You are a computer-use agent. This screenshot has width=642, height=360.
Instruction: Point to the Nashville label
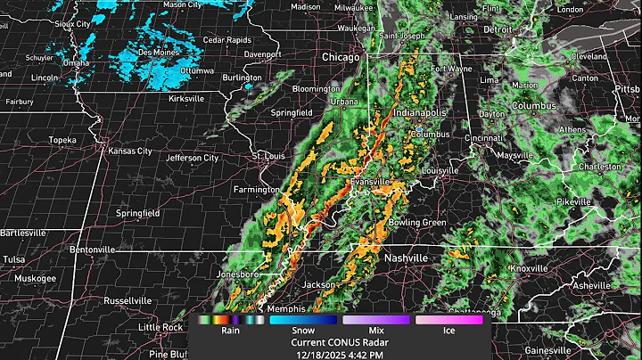[406, 258]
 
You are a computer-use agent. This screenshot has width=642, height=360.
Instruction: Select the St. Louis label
[268, 156]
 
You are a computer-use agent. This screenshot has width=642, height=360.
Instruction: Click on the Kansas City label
[131, 151]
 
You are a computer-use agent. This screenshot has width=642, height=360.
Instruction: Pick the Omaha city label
[76, 63]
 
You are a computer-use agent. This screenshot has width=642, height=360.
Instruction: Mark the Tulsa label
[14, 259]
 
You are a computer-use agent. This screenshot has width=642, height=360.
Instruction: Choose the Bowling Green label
[417, 222]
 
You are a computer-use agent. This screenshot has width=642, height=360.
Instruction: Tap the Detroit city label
[498, 29]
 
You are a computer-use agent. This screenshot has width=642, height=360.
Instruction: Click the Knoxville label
[530, 268]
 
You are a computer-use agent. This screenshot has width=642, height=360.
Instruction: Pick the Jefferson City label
[193, 158]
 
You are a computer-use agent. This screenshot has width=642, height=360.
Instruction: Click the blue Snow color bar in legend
[302, 318]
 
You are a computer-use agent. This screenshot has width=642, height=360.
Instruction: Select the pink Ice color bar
[450, 318]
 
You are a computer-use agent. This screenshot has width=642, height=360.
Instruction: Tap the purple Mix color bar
[376, 318]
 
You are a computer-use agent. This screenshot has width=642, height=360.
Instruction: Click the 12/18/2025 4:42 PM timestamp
[340, 353]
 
